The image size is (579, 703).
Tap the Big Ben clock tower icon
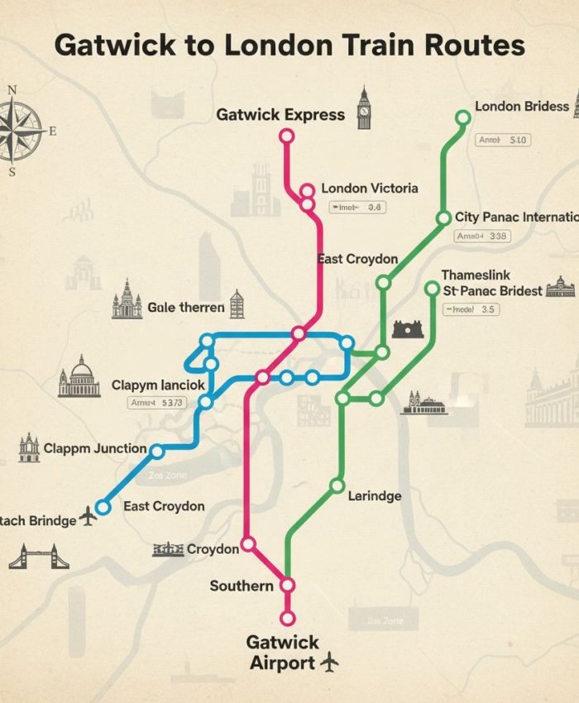(363, 108)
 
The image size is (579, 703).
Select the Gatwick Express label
(280, 115)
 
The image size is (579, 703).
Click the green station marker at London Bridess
(463, 118)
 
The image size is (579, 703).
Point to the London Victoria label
(369, 189)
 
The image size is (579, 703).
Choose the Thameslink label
(476, 275)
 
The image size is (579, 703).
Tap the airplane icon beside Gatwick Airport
(329, 662)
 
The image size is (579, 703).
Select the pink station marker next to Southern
(287, 585)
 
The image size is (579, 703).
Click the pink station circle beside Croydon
(247, 545)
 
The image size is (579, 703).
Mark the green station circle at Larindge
(337, 485)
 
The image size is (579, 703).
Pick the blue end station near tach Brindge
(103, 506)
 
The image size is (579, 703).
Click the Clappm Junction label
(95, 449)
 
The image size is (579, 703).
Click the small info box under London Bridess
(504, 141)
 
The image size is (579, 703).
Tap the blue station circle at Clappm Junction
(157, 451)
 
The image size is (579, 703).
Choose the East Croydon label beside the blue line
(164, 506)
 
